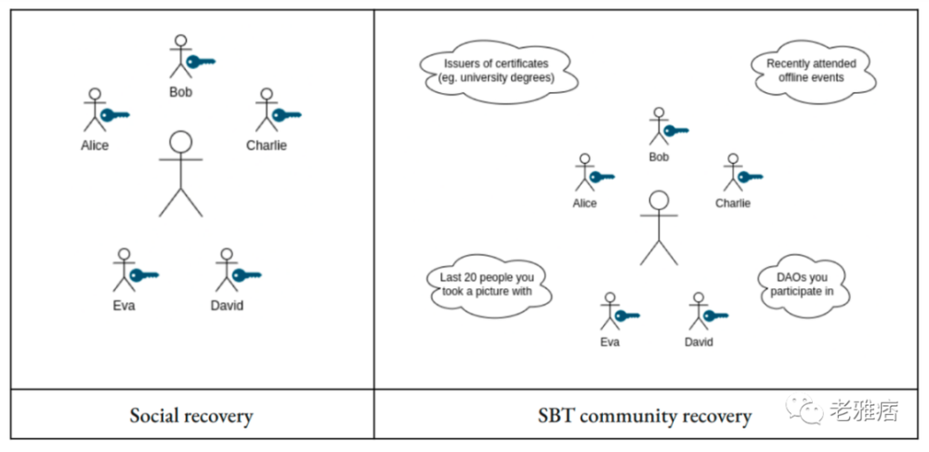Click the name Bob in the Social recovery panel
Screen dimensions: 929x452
pos(181,92)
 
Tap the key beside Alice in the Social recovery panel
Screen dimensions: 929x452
pos(115,115)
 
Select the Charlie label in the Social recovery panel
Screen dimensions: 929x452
pos(267,145)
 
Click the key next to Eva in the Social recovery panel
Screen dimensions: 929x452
pos(145,275)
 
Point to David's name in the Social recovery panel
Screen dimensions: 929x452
pos(227,306)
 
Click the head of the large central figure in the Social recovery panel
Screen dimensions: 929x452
pos(181,142)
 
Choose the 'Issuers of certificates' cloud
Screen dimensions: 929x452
pos(499,72)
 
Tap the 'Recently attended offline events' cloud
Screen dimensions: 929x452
pos(812,71)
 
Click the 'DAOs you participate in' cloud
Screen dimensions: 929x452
pos(804,286)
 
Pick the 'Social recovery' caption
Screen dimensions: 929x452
pos(191,416)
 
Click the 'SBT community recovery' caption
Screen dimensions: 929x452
pos(645,416)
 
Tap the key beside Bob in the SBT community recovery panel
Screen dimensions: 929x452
pos(676,130)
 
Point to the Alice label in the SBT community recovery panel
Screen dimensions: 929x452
pos(584,204)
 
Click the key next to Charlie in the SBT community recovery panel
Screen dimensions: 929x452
pos(750,177)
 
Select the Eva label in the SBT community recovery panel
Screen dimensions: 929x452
pos(609,342)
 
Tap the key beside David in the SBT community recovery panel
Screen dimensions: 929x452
pos(715,315)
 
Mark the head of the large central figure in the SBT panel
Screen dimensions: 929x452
pos(659,201)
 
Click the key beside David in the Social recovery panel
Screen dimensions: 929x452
pos(247,275)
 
